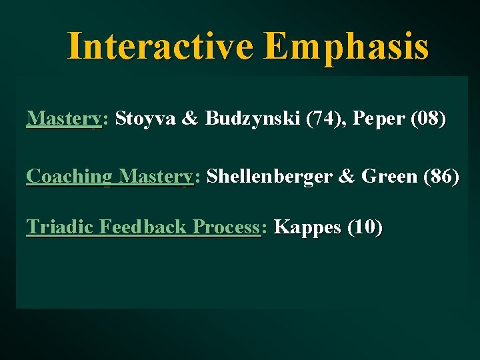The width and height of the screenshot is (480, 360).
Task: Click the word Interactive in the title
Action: pyautogui.click(x=161, y=46)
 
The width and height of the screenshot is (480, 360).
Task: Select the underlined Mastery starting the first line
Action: pyautogui.click(x=63, y=119)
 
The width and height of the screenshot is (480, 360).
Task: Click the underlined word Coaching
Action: pyautogui.click(x=69, y=177)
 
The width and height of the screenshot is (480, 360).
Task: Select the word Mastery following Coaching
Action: pyautogui.click(x=155, y=177)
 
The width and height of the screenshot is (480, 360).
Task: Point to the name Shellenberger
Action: pyautogui.click(x=276, y=177)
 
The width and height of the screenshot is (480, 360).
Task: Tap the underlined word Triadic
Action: pyautogui.click(x=59, y=227)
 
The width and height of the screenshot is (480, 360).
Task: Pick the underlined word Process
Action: pyautogui.click(x=225, y=227)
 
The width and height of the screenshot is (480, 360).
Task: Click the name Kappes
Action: pyautogui.click(x=307, y=227)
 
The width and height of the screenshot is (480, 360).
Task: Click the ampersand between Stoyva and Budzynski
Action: pyautogui.click(x=190, y=119)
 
